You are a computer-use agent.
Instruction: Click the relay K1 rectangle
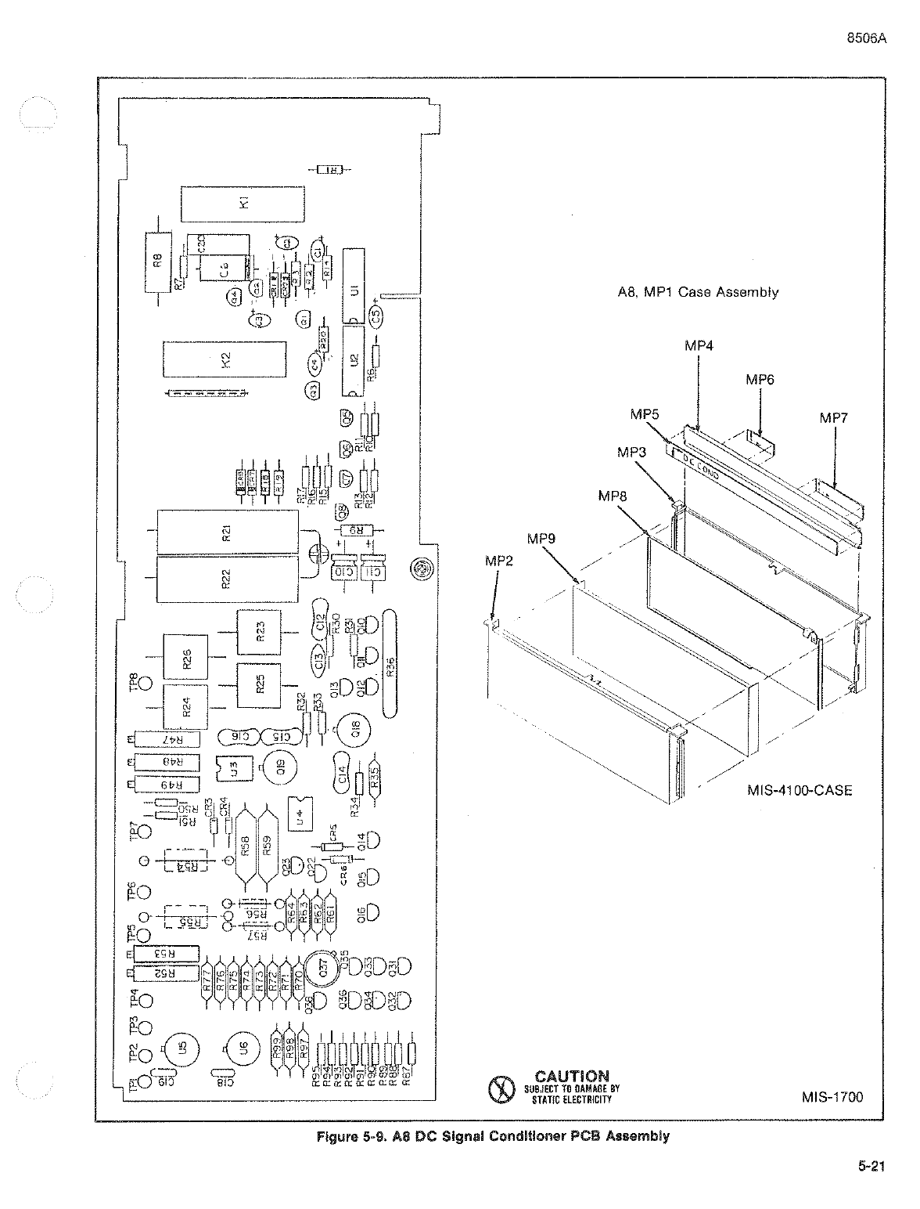tap(243, 204)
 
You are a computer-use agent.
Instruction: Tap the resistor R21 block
tap(228, 532)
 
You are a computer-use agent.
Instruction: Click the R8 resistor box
tap(157, 262)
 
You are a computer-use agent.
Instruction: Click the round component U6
tap(243, 1049)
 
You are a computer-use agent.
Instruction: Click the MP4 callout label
tap(699, 345)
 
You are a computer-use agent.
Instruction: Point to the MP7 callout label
tap(834, 418)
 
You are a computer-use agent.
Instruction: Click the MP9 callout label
tap(541, 538)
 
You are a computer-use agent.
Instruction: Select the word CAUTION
tap(572, 1077)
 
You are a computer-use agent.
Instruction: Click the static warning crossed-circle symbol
tap(499, 1088)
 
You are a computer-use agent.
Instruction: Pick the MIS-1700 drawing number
tap(832, 1097)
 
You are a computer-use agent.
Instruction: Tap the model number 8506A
tap(867, 42)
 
